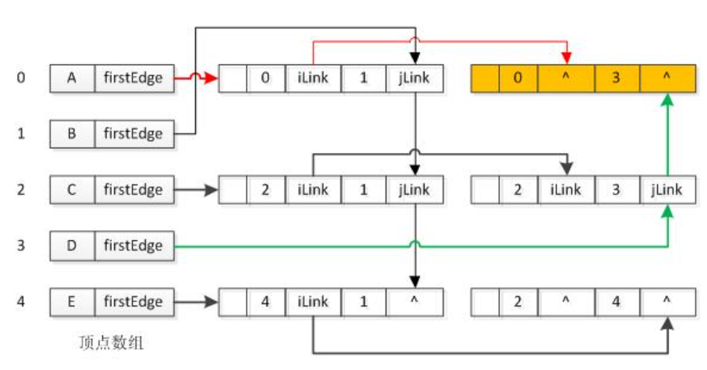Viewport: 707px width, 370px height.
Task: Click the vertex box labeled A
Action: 72,78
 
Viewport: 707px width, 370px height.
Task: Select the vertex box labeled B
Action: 72,134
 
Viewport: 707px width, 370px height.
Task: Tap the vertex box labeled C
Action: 72,190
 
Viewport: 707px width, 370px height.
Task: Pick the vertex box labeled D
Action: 72,246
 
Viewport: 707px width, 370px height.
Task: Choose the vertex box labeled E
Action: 72,302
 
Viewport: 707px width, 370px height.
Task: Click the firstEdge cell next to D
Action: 133,246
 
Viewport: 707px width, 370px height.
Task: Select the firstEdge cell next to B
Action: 133,134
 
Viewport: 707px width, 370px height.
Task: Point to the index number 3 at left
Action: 21,246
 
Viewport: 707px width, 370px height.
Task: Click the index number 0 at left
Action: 21,78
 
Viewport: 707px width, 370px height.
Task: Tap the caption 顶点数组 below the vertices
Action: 111,343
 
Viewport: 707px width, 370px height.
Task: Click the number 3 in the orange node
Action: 615,78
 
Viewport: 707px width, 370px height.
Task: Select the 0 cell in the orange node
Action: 518,78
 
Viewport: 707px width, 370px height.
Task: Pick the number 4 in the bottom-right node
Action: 615,302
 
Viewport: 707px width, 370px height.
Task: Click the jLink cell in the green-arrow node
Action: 667,190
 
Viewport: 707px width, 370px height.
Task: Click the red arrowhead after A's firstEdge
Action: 213,78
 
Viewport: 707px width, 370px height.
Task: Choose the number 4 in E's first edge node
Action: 266,302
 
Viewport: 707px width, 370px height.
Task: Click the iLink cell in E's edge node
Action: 314,302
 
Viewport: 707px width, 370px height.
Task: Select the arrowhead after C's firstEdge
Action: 213,190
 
